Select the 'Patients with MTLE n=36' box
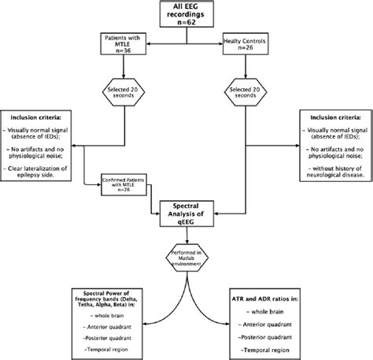pyautogui.click(x=122, y=43)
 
